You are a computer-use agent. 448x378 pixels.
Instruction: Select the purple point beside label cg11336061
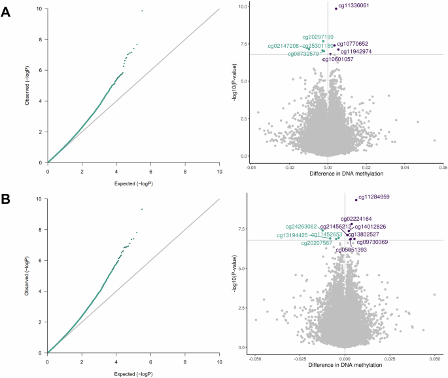(x=336, y=9)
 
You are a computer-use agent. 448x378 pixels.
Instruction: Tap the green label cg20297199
(x=318, y=37)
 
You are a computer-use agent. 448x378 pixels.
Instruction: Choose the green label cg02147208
(x=283, y=46)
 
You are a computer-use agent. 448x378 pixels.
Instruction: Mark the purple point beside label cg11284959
(x=356, y=200)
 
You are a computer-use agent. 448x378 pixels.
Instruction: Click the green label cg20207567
(x=317, y=243)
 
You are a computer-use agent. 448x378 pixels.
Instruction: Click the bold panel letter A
(x=6, y=12)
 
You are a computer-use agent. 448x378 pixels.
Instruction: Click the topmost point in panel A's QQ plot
(x=142, y=10)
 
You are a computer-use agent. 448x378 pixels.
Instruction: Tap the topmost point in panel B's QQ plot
(x=142, y=209)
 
